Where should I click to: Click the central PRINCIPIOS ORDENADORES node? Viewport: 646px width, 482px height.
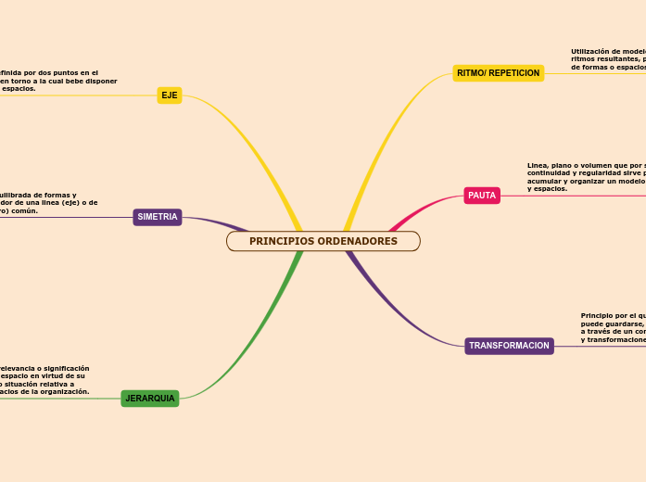[323, 241]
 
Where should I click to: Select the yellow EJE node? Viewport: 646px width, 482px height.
[170, 95]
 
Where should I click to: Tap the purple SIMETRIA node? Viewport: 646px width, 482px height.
[158, 217]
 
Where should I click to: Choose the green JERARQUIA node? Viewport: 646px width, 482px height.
[150, 399]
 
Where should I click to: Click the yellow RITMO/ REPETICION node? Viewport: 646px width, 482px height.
[499, 73]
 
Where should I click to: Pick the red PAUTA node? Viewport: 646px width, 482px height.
[482, 196]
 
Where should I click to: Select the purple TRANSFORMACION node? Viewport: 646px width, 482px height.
[509, 346]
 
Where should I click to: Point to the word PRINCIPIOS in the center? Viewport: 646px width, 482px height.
[281, 241]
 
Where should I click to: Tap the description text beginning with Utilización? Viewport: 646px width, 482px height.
[608, 59]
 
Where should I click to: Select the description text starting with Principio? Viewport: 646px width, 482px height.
[613, 327]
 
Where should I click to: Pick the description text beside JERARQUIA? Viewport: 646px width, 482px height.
[44, 379]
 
